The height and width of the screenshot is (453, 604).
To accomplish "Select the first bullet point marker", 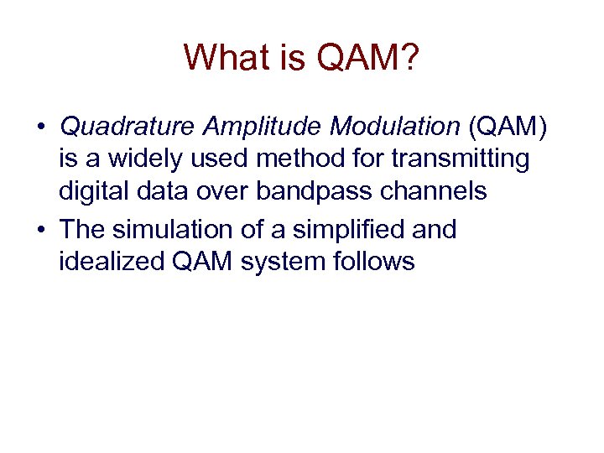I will [40, 128].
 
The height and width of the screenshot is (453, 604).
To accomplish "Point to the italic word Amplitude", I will [260, 127].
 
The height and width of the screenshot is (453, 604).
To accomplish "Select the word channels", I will [435, 191].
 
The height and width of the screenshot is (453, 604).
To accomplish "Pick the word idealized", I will [111, 262].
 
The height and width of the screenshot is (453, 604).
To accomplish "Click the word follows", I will [370, 262].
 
